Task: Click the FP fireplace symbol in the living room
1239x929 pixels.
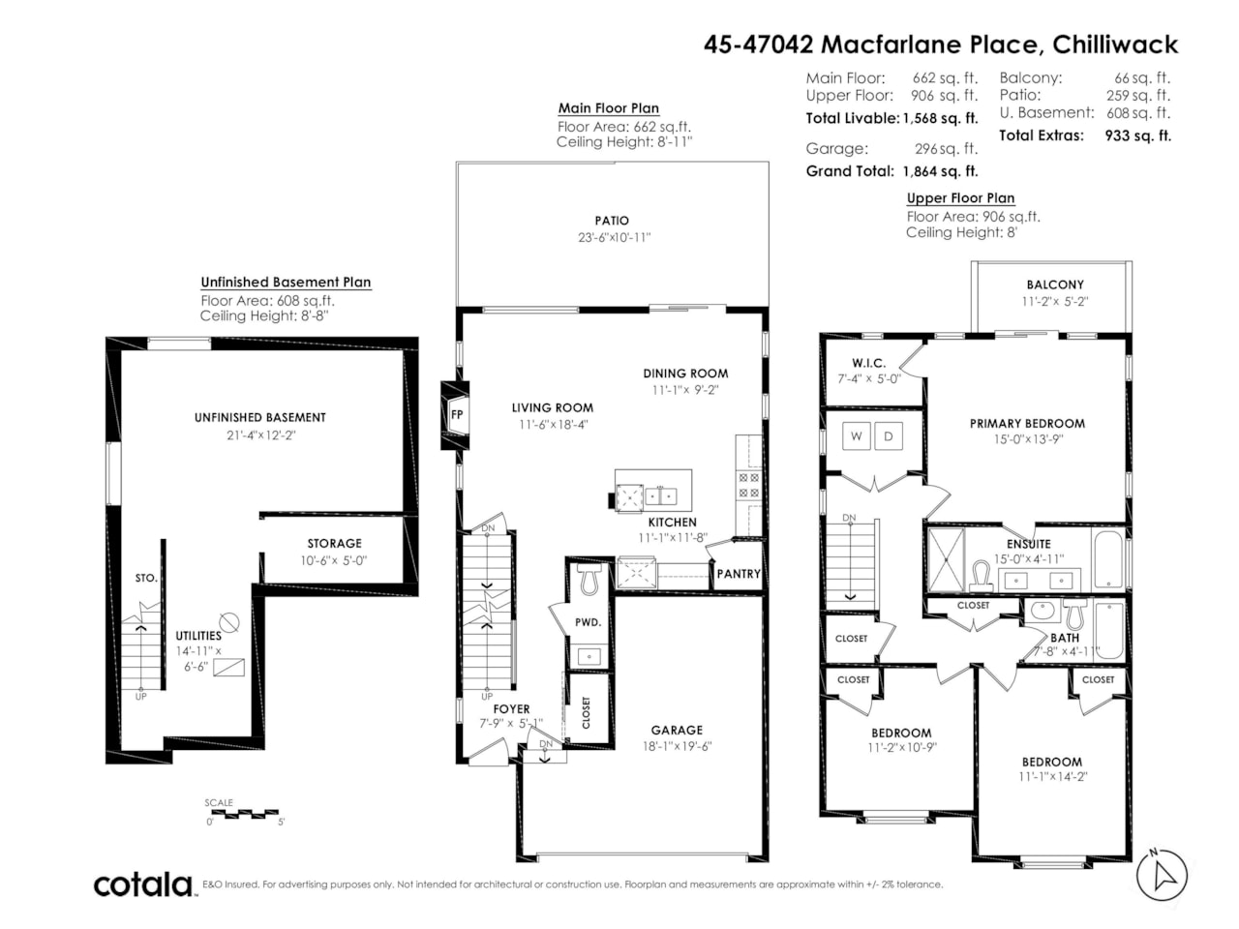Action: (x=456, y=415)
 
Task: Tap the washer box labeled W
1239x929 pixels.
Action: (x=856, y=436)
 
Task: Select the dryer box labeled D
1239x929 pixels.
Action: (x=889, y=436)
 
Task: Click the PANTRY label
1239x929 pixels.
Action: (x=739, y=574)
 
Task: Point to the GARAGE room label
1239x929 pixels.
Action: (x=677, y=730)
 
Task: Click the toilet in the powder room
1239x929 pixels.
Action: (x=589, y=580)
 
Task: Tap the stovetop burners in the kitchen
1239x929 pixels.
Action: (x=749, y=485)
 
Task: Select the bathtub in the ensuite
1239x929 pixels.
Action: (x=1108, y=560)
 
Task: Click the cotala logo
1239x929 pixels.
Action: (x=143, y=884)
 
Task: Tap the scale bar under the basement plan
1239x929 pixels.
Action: (x=245, y=813)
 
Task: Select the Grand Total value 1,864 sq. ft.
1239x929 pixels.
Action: (x=940, y=171)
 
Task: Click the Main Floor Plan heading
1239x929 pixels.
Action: (x=609, y=108)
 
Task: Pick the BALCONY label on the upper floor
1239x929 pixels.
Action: (x=1055, y=285)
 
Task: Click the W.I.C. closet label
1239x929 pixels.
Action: (x=868, y=363)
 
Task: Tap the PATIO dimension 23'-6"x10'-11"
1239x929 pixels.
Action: (x=612, y=237)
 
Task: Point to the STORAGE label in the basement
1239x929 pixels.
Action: (x=334, y=544)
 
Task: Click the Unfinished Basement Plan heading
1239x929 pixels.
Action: (x=286, y=282)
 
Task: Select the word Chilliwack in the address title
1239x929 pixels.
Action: (x=1115, y=45)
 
